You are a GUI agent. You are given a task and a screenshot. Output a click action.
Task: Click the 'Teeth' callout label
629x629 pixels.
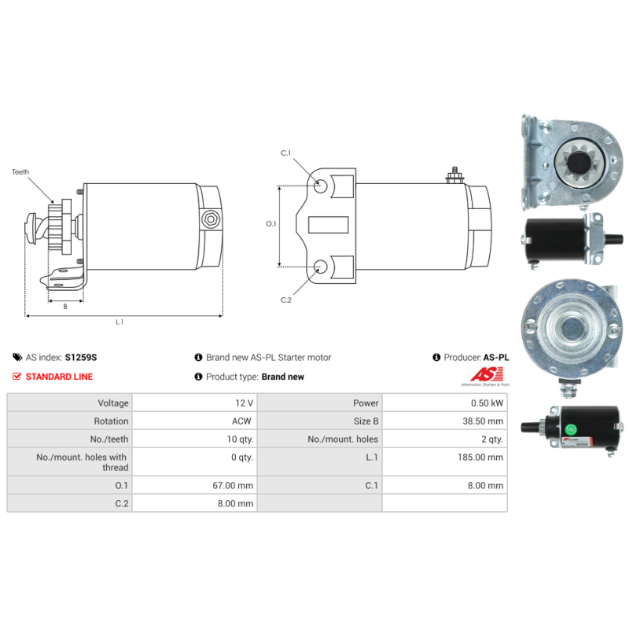coord(20,171)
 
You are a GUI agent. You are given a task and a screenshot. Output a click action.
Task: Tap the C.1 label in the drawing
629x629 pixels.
coord(286,153)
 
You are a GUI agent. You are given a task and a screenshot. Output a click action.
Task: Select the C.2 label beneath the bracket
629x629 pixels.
coord(286,300)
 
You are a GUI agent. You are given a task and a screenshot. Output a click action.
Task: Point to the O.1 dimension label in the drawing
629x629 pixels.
coord(271,224)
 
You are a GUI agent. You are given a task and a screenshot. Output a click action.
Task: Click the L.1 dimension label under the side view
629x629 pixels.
coord(120,322)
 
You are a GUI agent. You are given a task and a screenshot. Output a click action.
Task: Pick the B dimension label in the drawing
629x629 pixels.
coord(64,307)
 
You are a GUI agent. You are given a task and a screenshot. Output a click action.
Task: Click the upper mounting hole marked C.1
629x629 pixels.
coord(322,186)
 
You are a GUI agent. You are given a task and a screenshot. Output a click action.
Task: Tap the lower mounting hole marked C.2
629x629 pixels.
coord(322,267)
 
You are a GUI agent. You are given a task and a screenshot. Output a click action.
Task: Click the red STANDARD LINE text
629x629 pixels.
coord(59,377)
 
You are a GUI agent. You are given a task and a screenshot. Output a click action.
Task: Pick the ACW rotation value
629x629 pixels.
coord(242,421)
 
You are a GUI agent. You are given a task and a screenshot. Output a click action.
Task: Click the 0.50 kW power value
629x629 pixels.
coord(487,403)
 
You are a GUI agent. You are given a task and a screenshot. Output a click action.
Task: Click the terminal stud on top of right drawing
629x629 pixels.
coord(453,174)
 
